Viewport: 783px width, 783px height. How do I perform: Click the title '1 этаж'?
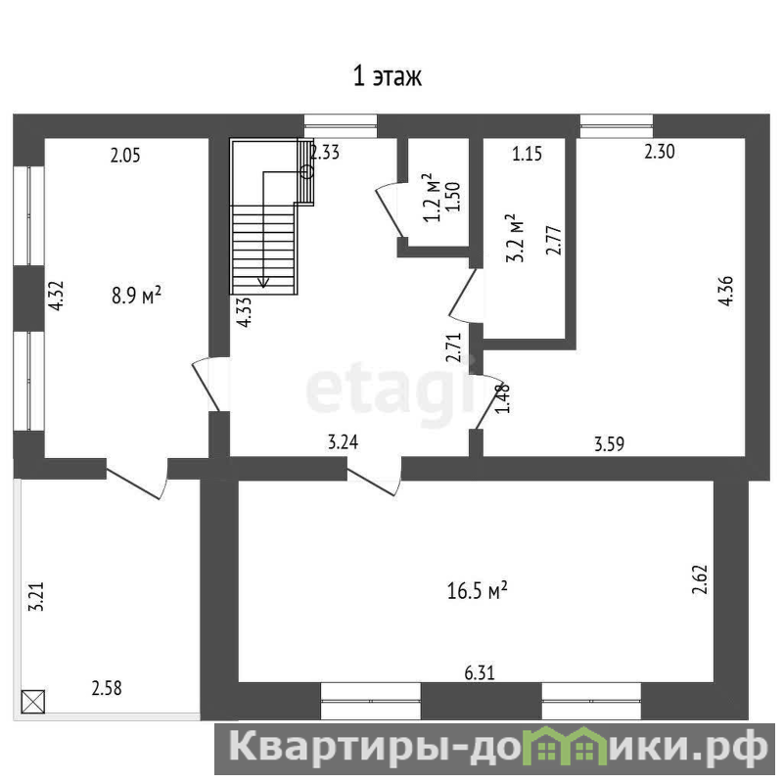click(388, 77)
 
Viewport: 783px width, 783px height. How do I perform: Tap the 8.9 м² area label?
click(136, 295)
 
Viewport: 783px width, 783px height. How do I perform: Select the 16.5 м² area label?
click(478, 591)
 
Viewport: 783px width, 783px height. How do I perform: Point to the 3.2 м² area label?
click(515, 238)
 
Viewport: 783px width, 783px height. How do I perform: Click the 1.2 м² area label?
click(433, 198)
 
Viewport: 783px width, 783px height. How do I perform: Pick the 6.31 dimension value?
click(480, 673)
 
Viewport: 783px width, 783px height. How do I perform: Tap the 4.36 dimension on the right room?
click(725, 290)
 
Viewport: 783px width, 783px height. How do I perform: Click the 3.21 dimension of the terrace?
click(36, 596)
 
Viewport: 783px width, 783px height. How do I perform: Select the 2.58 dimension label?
click(107, 688)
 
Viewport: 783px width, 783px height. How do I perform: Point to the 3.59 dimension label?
click(609, 443)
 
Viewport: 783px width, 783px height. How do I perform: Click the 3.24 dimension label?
click(343, 442)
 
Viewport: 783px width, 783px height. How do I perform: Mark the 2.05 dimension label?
click(125, 156)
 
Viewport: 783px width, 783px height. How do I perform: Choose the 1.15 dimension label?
click(527, 154)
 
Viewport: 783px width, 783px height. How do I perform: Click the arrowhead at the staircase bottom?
click(263, 283)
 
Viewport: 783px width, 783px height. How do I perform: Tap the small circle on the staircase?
click(307, 172)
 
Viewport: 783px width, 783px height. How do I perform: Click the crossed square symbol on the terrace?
click(33, 701)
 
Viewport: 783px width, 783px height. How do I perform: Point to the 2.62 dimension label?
click(700, 579)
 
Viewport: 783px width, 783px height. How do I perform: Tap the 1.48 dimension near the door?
click(503, 398)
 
